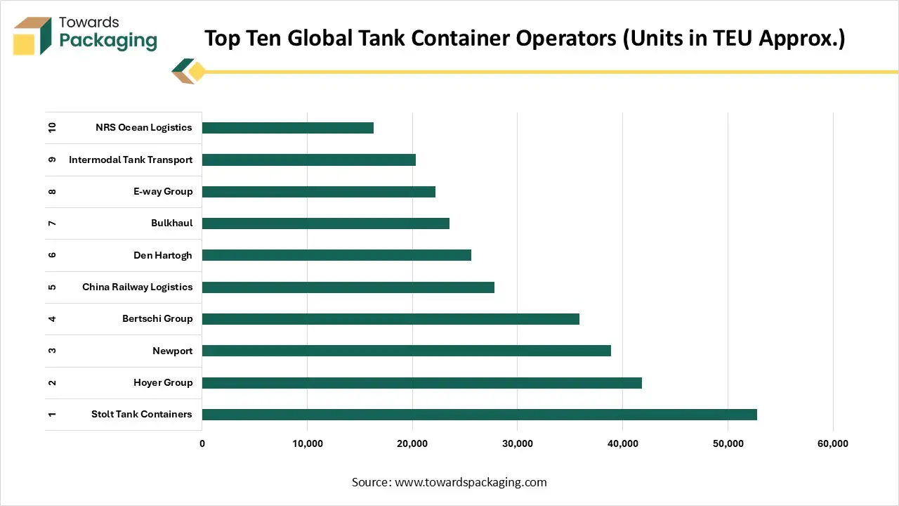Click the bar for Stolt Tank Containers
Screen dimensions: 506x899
point(479,415)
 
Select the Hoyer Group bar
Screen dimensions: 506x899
point(421,383)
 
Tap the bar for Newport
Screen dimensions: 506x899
point(406,351)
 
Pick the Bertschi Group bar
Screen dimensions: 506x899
point(391,319)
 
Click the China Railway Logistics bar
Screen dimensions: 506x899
point(348,287)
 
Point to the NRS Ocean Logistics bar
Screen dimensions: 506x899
point(287,128)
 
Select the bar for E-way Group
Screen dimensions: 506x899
point(318,192)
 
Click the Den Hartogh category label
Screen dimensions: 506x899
point(162,255)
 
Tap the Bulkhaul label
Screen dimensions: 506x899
point(171,223)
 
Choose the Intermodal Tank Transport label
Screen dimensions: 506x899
point(131,160)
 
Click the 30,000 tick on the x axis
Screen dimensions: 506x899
point(517,443)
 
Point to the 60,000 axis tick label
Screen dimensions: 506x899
point(833,443)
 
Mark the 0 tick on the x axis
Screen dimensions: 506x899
point(202,443)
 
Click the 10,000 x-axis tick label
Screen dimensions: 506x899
point(307,443)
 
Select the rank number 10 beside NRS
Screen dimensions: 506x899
point(52,128)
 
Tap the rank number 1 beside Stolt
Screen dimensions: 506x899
point(52,415)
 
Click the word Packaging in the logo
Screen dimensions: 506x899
point(108,41)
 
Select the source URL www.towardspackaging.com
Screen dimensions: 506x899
point(471,482)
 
